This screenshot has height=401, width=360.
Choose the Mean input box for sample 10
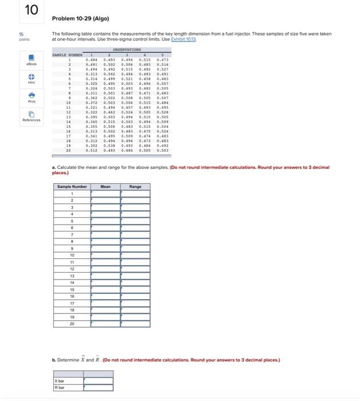coord(105,254)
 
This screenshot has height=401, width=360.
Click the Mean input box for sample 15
coord(105,288)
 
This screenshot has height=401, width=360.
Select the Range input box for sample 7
coord(135,234)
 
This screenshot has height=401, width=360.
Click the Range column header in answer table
coord(135,186)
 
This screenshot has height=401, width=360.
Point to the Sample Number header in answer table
coord(72,186)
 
